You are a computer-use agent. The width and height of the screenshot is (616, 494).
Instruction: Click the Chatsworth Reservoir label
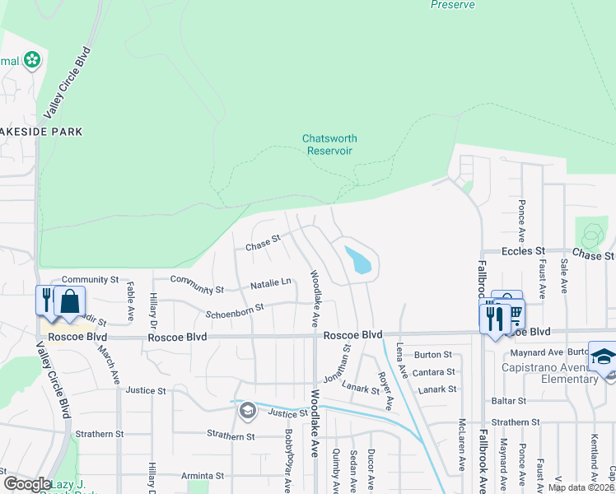[x=328, y=145]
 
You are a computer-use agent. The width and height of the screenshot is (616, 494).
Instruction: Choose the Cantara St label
[x=435, y=372]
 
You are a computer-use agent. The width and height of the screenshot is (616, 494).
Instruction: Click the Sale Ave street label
[x=564, y=275]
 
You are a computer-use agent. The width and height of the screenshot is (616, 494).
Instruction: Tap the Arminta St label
[x=203, y=476]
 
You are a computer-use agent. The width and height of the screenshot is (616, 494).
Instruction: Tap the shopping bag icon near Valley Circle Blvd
[x=71, y=301]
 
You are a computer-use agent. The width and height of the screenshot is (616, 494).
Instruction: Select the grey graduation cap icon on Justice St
[x=247, y=410]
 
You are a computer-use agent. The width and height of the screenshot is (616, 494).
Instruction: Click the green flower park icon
[x=32, y=60]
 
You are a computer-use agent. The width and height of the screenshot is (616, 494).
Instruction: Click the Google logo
[x=27, y=484]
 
